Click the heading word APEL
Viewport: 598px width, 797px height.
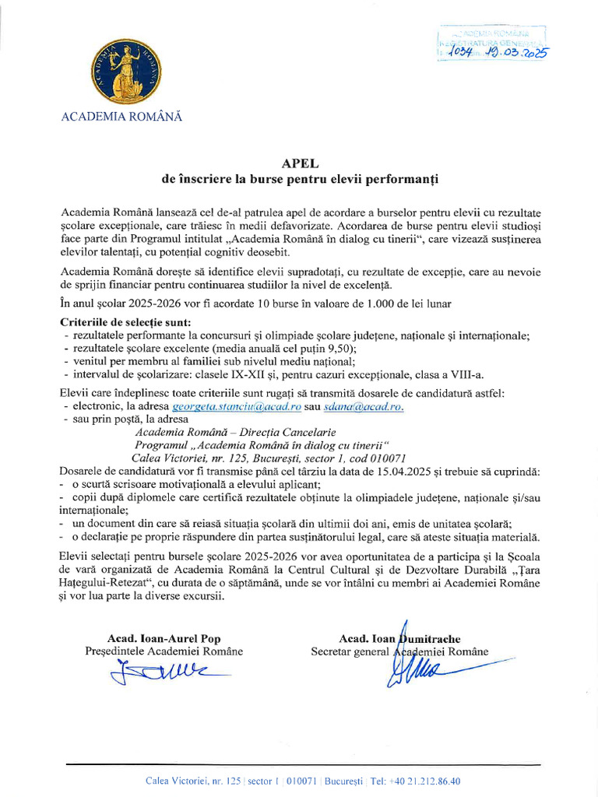pos(299,163)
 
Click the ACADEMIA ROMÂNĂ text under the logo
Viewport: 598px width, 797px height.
pos(121,117)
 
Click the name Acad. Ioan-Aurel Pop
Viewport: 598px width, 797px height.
pos(164,638)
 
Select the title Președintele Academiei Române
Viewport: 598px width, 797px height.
pos(164,651)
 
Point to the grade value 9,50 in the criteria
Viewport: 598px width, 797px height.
pos(339,348)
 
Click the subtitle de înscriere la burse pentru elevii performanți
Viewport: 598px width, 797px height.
pos(300,179)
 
